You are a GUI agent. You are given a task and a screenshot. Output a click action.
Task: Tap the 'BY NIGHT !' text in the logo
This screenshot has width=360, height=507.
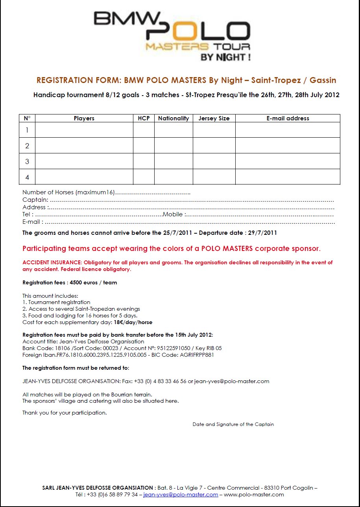click(225, 57)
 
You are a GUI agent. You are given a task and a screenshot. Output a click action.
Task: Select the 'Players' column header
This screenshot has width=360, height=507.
click(84, 118)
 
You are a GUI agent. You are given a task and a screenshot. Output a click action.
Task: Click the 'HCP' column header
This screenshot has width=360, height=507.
click(144, 118)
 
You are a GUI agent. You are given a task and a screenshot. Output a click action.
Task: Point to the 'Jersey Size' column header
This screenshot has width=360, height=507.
click(214, 118)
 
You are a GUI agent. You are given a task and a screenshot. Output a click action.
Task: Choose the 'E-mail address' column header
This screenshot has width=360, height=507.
click(288, 118)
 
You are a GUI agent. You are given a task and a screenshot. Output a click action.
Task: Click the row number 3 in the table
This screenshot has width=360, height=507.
click(27, 161)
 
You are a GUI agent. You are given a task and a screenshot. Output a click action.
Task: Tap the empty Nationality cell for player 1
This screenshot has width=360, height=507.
click(174, 130)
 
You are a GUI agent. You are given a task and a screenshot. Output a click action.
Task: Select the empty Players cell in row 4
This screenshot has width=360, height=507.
click(84, 177)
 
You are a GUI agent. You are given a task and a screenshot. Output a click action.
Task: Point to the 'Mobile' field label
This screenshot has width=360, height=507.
click(173, 215)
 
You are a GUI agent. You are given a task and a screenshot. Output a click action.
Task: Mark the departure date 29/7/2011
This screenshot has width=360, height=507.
click(262, 233)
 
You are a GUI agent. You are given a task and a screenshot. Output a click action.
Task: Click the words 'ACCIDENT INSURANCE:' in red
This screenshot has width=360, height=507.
click(52, 263)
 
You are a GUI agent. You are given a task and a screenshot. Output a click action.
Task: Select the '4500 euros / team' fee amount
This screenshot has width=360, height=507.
click(93, 283)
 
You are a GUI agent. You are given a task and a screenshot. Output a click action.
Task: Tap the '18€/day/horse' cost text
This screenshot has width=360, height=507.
click(133, 323)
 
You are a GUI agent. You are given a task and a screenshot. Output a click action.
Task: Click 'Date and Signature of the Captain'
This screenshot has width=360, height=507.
click(233, 424)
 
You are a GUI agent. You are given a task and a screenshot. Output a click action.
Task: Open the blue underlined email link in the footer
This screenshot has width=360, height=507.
click(181, 495)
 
